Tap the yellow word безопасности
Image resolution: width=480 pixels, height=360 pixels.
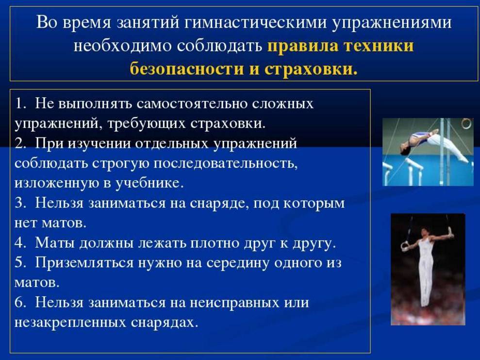[x=186, y=69]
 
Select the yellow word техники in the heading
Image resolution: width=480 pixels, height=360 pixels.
[x=379, y=46]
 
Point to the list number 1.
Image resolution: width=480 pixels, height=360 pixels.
[x=20, y=103]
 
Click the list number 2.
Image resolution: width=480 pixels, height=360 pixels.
[x=20, y=143]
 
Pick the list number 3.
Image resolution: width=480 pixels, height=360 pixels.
[x=20, y=203]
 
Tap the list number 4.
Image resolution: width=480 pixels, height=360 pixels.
[x=20, y=242]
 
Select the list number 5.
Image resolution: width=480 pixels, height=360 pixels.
[x=20, y=262]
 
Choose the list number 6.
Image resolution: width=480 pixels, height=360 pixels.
[x=20, y=302]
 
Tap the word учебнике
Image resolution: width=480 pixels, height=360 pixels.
[x=149, y=183]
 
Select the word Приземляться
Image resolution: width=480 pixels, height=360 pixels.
[x=84, y=263]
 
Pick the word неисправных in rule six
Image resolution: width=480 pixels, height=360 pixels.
[x=234, y=303]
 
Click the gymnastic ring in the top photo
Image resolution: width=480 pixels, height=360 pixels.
[x=466, y=123]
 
